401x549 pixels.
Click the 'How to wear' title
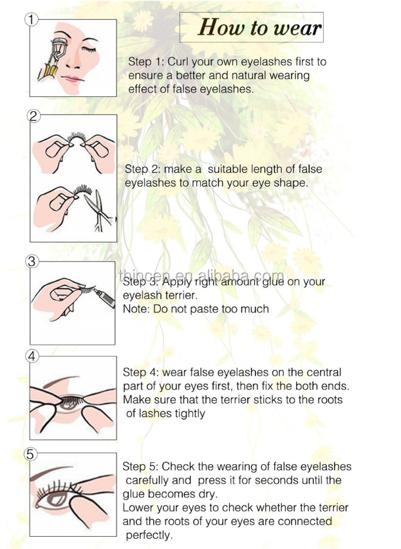[x=259, y=27]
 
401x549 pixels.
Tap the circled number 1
[x=32, y=19]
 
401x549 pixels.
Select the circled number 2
[x=33, y=116]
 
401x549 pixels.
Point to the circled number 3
[x=32, y=262]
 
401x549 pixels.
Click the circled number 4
[x=32, y=356]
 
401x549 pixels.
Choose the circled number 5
[x=30, y=454]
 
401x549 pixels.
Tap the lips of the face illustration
[x=72, y=79]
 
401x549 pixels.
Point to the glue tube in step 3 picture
[x=104, y=297]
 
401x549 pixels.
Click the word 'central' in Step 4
[x=324, y=372]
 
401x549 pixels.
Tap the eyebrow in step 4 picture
[x=61, y=381]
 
